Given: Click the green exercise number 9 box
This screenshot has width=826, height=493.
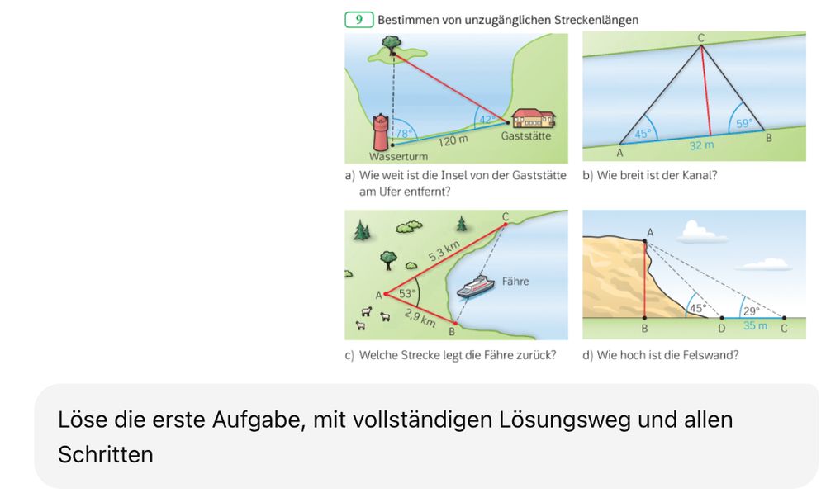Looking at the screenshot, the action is click(358, 20).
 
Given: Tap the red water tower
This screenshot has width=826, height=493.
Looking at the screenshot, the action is click(380, 132).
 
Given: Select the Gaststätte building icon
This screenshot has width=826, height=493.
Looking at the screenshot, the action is click(533, 119).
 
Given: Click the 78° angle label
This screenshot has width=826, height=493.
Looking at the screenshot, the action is click(404, 134).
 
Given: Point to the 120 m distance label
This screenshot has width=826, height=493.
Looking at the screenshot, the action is click(453, 140).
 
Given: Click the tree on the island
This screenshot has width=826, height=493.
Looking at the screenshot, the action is click(392, 43).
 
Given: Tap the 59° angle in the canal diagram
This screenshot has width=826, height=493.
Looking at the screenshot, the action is click(744, 123).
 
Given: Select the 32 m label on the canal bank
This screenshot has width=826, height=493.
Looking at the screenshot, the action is click(701, 145).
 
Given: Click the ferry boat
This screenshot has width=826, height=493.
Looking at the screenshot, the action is click(476, 287).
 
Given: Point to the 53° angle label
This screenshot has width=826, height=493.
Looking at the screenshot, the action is click(407, 293).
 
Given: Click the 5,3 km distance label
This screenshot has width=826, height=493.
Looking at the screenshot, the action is click(444, 251).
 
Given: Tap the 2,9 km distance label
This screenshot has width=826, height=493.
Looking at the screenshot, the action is click(420, 318).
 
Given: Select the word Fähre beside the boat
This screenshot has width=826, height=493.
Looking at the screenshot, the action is click(515, 282).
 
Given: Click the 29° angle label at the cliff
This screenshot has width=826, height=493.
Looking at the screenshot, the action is click(751, 310).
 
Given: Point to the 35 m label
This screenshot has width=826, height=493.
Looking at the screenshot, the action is click(755, 325).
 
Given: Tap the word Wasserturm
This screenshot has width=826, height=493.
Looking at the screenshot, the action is click(398, 156).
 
